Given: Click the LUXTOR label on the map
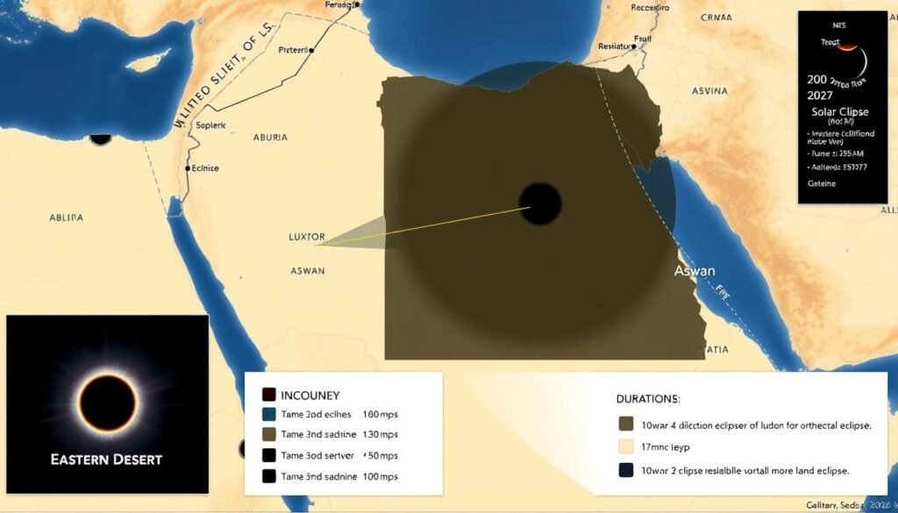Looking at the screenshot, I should pos(307,237).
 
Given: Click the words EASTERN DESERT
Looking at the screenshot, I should pos(106,459).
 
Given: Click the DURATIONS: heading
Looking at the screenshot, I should pos(648,399).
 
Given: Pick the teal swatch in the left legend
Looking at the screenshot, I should pos(269,414).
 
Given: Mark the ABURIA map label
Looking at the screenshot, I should pos(270,137).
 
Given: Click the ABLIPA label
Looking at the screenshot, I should pos(66,217).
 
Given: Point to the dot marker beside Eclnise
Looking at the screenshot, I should pos(188,167).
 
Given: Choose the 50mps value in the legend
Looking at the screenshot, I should pos(382,456).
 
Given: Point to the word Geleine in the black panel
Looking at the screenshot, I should pos(822,183).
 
